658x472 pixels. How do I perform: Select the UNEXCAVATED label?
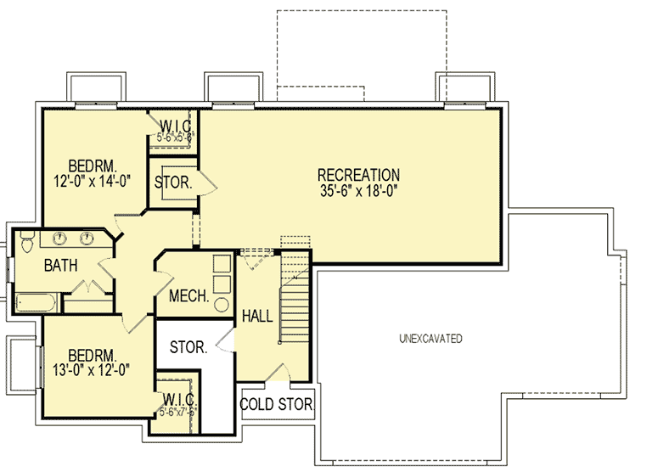point(431,339)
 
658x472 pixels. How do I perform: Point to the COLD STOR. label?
point(277,405)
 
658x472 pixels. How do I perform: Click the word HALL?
point(257,317)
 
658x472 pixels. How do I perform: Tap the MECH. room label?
point(188,296)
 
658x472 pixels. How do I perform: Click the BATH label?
point(62,266)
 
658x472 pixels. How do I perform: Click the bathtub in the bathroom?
point(34,301)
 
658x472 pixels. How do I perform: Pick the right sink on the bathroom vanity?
point(89,237)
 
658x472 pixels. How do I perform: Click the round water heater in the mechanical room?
point(222,304)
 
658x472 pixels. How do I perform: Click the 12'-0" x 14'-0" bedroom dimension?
point(93,180)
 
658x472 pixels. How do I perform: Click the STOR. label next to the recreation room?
point(173,182)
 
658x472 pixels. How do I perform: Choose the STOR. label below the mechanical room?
point(188,347)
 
